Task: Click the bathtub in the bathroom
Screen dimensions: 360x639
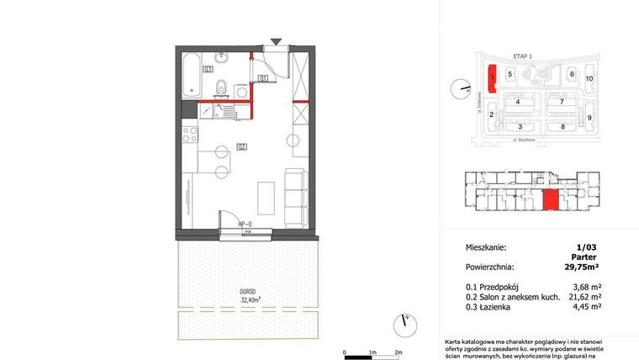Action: pos(192,73)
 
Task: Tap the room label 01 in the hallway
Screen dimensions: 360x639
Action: pos(263,78)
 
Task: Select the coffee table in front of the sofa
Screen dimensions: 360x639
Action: pos(264,197)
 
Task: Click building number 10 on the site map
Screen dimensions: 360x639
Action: pos(589,78)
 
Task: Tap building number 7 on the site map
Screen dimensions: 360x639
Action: pos(561,102)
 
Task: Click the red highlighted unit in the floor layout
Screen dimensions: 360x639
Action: pos(550,201)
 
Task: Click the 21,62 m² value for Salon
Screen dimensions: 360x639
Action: pos(584,297)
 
